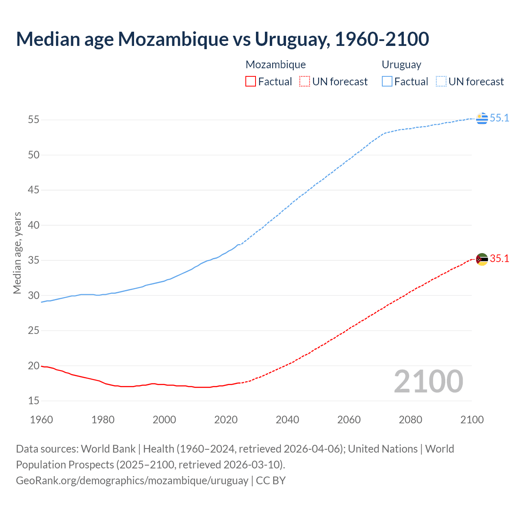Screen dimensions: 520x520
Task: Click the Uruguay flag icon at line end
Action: coord(482,118)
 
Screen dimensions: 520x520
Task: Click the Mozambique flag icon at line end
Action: coord(482,259)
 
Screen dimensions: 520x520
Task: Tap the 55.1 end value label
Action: coord(499,118)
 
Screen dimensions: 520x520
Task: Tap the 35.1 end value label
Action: coord(499,259)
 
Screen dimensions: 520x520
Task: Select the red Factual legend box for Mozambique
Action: coord(251,82)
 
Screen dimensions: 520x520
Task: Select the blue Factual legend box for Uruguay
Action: coord(387,82)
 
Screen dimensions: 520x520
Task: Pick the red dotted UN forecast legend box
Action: coord(305,82)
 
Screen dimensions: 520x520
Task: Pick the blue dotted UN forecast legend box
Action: coord(441,82)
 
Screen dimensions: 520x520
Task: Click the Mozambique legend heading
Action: coord(275,65)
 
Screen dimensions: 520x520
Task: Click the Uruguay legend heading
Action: coord(401,65)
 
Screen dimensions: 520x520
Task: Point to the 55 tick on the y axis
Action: coord(34,120)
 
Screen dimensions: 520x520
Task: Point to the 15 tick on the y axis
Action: coord(34,401)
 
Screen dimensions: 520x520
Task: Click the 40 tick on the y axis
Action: coord(34,225)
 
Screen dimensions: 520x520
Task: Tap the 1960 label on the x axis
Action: coord(41,420)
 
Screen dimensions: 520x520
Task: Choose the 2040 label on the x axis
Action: coord(287,420)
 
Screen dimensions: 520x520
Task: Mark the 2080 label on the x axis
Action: coord(410,420)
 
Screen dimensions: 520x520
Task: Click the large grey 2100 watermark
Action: coord(428,381)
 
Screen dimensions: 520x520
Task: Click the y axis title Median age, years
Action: coord(17,253)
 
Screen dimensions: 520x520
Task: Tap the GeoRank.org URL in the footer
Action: coord(132,481)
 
